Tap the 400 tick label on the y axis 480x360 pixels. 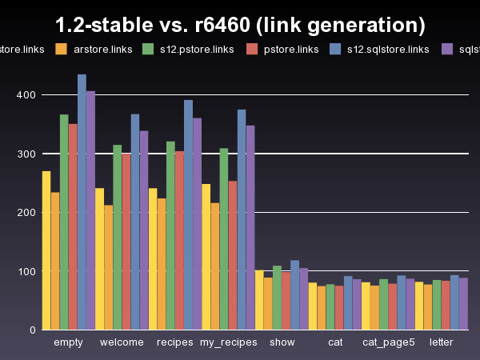point(26,95)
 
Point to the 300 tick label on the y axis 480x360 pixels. point(26,154)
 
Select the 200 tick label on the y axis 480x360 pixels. point(26,212)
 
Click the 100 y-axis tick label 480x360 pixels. point(26,271)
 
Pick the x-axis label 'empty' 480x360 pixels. point(68,342)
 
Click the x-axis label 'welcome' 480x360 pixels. point(122,342)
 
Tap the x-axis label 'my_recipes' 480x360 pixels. point(228,342)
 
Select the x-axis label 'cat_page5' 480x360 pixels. point(389,342)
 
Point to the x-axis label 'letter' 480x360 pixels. point(442,342)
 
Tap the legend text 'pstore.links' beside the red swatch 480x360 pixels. point(291,50)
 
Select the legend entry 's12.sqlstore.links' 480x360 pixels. point(390,50)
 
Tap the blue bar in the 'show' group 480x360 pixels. point(294,295)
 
